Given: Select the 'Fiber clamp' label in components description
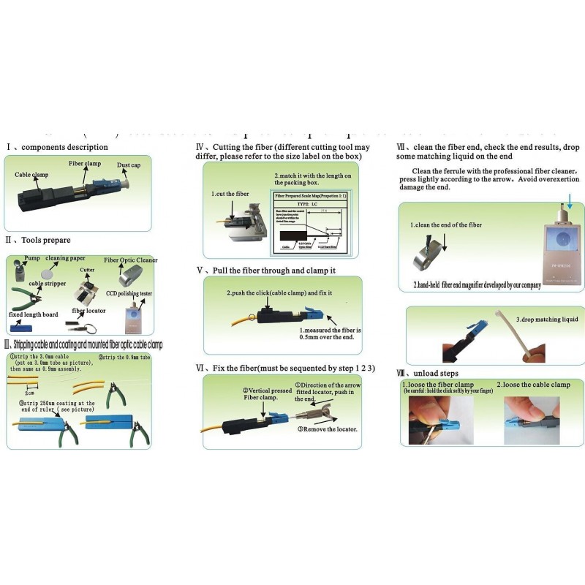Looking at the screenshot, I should (x=85, y=165).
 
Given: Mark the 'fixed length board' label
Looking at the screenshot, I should (x=34, y=314).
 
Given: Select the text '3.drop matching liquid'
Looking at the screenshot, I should (x=547, y=320).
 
